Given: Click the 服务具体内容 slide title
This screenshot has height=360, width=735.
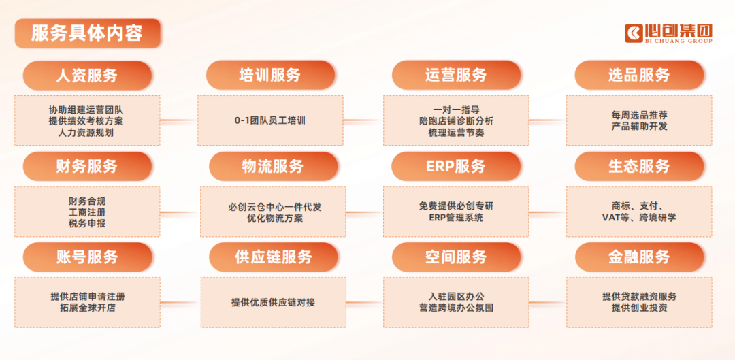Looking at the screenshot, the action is pos(87,33).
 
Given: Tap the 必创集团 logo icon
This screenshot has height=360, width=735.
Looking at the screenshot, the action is pos(634,33).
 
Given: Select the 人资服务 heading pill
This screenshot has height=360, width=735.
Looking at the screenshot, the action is pos(87,76).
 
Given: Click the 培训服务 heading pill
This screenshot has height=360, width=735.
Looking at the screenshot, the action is pos(270,76).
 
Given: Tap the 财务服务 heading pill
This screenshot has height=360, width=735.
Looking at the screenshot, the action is pos(87,166).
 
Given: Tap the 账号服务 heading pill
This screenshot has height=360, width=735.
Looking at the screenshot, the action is pos(87,257).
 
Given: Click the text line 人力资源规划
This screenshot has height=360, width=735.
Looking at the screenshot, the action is pos(86,133).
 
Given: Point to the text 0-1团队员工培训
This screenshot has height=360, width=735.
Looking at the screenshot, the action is pos(270,120).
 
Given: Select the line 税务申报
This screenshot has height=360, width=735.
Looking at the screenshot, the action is pos(87,223).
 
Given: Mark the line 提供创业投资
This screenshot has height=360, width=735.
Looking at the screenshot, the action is pos(640,308).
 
